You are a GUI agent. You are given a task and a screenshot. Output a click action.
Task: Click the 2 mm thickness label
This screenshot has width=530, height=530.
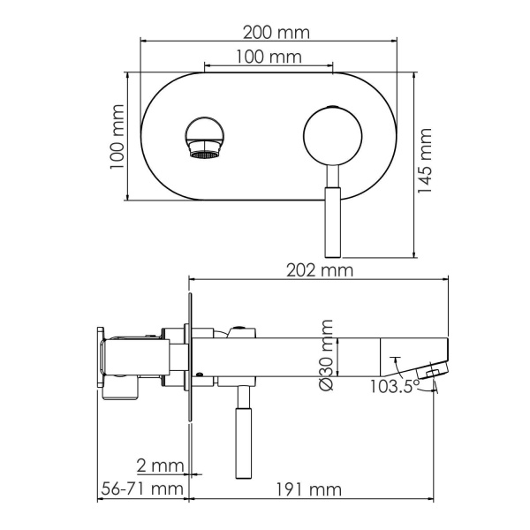(x=160, y=465)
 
